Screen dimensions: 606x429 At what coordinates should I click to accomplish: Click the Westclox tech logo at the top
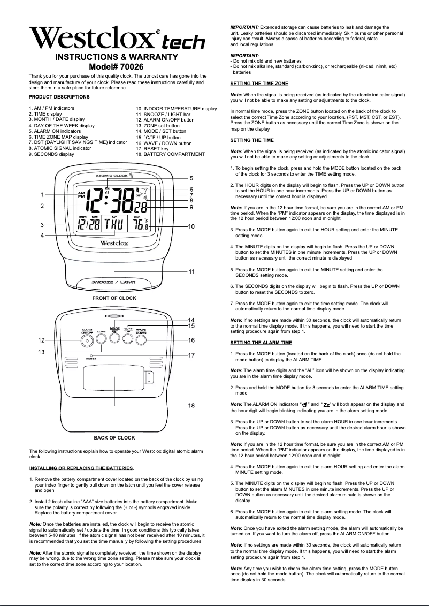tap(117, 39)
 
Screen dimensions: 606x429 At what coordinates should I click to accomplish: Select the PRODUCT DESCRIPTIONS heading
tap(59, 97)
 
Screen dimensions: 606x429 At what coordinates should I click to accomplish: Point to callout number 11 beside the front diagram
tap(191, 271)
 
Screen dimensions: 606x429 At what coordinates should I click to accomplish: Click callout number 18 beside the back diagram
tap(191, 405)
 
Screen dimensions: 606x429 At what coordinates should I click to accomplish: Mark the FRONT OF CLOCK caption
tap(114, 298)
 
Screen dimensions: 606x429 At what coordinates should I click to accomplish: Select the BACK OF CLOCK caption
tap(114, 438)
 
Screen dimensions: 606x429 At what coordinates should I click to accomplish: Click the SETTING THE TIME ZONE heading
tap(259, 84)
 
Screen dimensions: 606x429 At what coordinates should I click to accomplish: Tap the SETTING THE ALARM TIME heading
tap(261, 342)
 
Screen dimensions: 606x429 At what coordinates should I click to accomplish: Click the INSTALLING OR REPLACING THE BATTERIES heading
tap(81, 468)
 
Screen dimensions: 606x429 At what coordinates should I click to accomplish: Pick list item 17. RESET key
tap(152, 149)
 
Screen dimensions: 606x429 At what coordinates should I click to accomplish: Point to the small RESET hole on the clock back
tap(92, 355)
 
